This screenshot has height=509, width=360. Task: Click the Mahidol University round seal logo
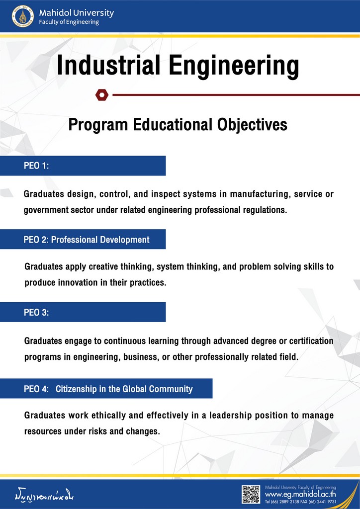tap(23, 17)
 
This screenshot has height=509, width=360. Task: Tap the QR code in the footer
tap(251, 494)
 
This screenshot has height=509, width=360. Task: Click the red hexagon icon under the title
tap(102, 94)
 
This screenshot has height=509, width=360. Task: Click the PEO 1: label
tap(36, 166)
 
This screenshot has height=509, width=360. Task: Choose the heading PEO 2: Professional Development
tap(87, 240)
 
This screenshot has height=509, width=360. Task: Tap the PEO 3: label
tap(36, 313)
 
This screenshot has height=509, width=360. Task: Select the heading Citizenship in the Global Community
tap(124, 389)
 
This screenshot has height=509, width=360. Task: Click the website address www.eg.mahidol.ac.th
tap(301, 495)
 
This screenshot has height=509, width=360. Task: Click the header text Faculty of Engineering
tap(69, 22)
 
